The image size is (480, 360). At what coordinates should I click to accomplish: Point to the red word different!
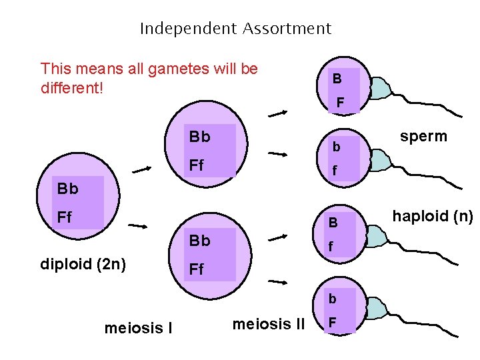72,87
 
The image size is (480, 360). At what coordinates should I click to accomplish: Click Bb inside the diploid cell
68,189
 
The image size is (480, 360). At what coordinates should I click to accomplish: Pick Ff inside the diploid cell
65,217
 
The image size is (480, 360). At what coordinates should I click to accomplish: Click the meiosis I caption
138,327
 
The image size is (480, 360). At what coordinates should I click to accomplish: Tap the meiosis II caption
269,325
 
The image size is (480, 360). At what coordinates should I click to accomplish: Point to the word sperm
423,136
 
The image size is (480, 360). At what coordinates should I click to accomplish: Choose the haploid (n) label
433,216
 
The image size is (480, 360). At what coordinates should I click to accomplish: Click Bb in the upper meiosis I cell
200,137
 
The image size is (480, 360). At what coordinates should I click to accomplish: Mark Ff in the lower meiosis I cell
197,269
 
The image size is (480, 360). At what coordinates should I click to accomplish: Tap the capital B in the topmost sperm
337,79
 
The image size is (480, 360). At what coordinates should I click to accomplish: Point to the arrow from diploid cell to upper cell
142,169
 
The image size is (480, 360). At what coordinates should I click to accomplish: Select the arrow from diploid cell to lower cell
138,227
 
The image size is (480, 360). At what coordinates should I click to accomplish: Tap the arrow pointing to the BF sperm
277,114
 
